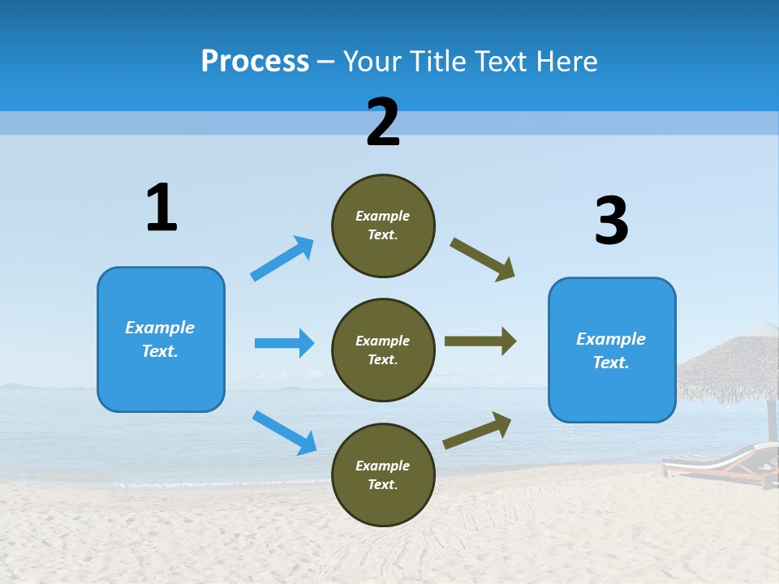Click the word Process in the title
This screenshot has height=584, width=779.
coord(255,62)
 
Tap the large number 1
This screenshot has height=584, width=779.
coord(161,208)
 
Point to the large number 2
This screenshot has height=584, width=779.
coord(383,122)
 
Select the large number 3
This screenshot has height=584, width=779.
coord(612,221)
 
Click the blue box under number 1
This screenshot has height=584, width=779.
coord(161,339)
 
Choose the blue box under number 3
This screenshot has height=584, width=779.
coord(612,350)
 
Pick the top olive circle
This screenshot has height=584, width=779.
coord(383,225)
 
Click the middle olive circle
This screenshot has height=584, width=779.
coord(383,350)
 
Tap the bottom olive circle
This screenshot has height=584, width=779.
coord(383,474)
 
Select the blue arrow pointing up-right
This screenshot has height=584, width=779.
coord(282,258)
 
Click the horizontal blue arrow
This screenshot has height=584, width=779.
coord(284,343)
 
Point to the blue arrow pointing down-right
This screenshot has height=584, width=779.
coord(284,432)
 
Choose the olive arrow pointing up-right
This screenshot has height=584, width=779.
coord(477,430)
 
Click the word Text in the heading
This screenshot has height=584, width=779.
coord(500,62)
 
